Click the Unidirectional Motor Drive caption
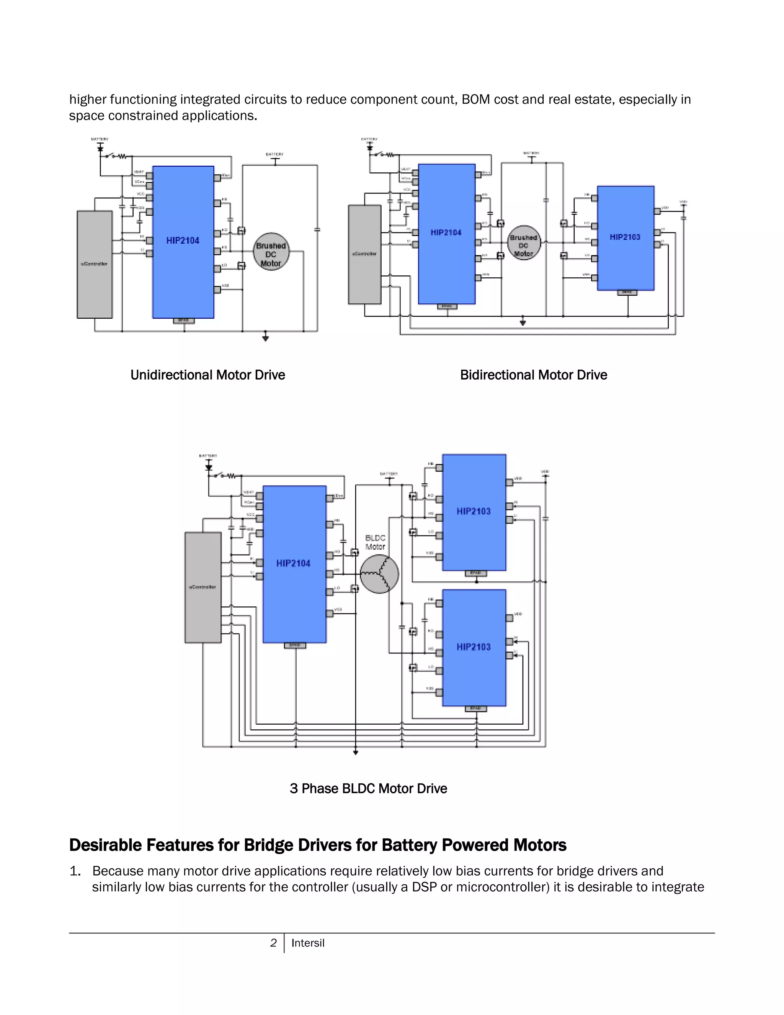pos(207,375)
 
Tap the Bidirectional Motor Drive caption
pos(533,375)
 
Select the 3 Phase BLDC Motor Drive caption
pos(368,789)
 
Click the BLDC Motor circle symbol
pos(379,574)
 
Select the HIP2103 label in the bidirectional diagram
pos(625,237)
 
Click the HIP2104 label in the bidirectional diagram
pos(446,233)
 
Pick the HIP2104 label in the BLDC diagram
pos(293,564)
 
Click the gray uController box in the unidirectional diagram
pos(94,264)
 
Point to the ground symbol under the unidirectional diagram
pos(265,337)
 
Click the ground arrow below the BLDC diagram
pos(355,752)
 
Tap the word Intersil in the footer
pos(307,943)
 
